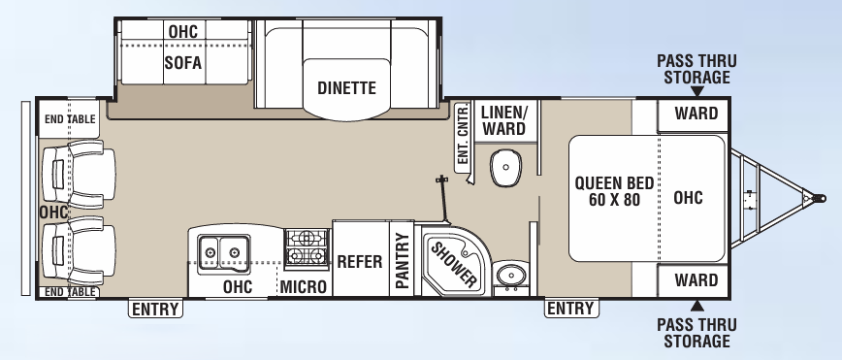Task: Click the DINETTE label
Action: pos(346,88)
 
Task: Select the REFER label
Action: pos(361,261)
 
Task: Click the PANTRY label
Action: pos(403,259)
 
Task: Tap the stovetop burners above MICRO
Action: pos(308,248)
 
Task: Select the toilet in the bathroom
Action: pos(504,169)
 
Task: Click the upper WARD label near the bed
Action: pos(696,114)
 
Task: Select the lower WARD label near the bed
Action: pos(696,281)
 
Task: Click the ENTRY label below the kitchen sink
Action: pos(155,309)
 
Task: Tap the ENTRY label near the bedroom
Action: pos(570,309)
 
